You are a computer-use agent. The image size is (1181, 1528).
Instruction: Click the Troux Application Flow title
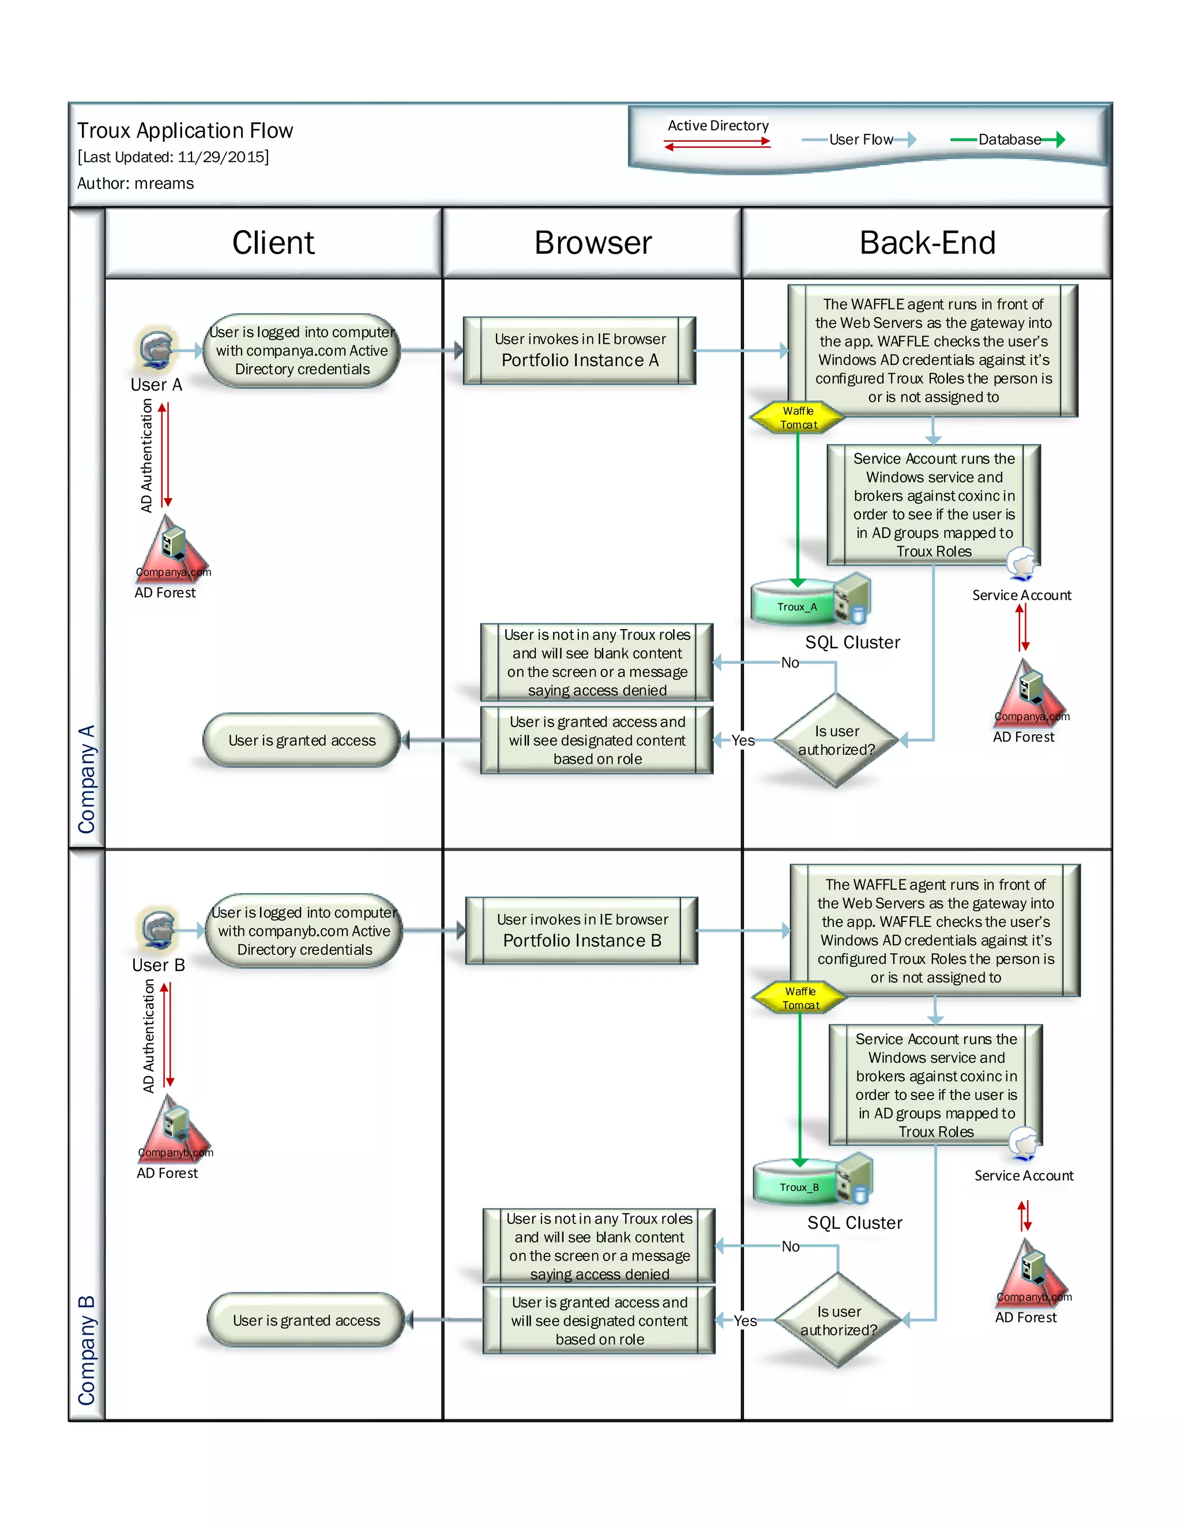click(x=185, y=131)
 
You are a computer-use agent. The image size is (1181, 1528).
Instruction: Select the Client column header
click(x=273, y=243)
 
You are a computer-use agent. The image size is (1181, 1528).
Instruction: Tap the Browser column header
click(x=593, y=243)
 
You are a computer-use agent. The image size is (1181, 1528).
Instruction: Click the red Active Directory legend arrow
click(x=717, y=144)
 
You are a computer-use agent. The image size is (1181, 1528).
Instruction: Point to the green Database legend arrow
click(x=1007, y=140)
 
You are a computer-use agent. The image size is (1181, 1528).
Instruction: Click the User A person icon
click(x=155, y=348)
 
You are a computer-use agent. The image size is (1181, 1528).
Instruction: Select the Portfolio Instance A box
click(x=580, y=351)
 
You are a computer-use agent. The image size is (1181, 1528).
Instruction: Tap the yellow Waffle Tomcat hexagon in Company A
click(x=798, y=417)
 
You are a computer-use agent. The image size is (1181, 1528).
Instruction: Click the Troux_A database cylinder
click(x=795, y=603)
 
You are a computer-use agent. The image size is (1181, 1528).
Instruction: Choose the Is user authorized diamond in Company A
click(x=836, y=740)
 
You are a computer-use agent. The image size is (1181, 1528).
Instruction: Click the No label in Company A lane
click(x=790, y=663)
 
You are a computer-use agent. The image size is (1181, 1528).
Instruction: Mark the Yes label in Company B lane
click(x=745, y=1320)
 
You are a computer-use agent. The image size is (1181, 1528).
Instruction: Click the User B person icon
click(x=158, y=929)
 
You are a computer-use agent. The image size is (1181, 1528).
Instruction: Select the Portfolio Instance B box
click(x=581, y=931)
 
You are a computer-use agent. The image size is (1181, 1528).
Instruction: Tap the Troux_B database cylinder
click(x=798, y=1184)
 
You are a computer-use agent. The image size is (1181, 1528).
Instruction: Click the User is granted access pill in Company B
click(x=306, y=1320)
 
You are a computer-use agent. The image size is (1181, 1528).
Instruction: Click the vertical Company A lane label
click(x=86, y=778)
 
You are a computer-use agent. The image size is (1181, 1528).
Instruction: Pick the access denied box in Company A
click(x=597, y=662)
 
